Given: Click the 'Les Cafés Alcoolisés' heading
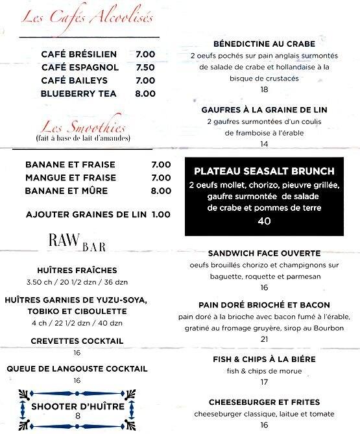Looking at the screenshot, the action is [x=88, y=17].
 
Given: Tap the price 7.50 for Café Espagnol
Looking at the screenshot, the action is [x=145, y=67].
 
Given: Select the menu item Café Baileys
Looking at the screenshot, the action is [x=80, y=80].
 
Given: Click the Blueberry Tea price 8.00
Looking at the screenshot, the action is [x=145, y=93].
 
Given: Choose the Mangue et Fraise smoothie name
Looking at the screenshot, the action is [x=71, y=178].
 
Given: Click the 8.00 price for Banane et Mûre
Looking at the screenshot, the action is [x=161, y=191].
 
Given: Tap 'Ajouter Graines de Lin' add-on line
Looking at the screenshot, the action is [x=98, y=214].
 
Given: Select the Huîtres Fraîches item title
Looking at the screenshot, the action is [x=77, y=270].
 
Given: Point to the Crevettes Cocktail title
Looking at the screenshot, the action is [x=77, y=341].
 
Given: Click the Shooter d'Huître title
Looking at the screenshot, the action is [x=77, y=406].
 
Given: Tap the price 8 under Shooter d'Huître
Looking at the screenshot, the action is [x=77, y=416].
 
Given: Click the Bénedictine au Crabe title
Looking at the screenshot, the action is [x=264, y=44].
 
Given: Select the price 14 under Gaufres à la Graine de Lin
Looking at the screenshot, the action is [x=264, y=144].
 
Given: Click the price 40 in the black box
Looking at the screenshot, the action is [x=264, y=221].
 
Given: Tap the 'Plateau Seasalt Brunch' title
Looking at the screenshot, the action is [x=264, y=171].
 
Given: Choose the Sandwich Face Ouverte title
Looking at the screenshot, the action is [x=264, y=253].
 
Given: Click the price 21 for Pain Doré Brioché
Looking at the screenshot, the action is [x=264, y=339].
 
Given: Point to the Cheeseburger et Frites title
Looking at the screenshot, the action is [x=264, y=402].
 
